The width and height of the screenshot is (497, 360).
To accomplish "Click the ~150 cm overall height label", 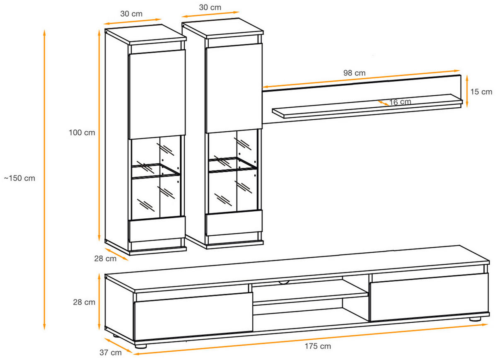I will pos(19,179).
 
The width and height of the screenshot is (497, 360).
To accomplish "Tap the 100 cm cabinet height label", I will pos(82,133).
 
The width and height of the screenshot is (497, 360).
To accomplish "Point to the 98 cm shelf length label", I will pos(354,73).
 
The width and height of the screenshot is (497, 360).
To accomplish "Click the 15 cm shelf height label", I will pos(481,92).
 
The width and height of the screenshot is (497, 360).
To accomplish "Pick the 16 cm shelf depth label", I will pos(400,102).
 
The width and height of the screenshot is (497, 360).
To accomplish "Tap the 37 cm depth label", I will pos(111,353).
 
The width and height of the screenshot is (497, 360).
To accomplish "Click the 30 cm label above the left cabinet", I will pos(131,14).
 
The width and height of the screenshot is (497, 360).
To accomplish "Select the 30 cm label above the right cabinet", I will pos(210,7).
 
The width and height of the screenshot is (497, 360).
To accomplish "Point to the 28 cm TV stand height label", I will pos(84,302).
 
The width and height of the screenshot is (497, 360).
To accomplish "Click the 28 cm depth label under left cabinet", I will pos(105,259).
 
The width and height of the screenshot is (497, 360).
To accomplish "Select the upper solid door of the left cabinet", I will pos(157,94).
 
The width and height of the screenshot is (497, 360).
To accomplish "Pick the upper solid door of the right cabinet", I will pos(234,88).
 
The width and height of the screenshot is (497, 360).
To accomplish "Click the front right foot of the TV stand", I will pos(475,319).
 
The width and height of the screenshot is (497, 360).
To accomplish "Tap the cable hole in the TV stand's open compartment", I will pos(285,283).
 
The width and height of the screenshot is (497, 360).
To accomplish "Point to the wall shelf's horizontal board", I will pos(367,106).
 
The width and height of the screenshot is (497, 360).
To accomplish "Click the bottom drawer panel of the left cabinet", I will pos(157,229).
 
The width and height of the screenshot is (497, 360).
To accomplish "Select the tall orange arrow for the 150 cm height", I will pos(44,179).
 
